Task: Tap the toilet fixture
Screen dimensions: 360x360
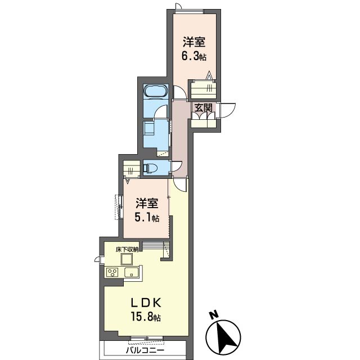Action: pyautogui.click(x=150, y=168)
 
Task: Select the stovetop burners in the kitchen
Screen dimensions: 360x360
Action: pyautogui.click(x=112, y=272)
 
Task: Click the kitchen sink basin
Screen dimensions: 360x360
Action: pyautogui.click(x=131, y=272)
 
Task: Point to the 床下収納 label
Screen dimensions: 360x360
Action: pyautogui.click(x=127, y=250)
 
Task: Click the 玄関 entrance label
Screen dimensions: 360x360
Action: pyautogui.click(x=204, y=107)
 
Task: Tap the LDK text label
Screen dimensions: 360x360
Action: pyautogui.click(x=146, y=303)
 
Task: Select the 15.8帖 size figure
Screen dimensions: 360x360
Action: pyautogui.click(x=146, y=317)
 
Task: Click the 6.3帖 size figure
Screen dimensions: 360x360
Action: pyautogui.click(x=193, y=56)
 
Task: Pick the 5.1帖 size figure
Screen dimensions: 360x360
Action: pyautogui.click(x=147, y=218)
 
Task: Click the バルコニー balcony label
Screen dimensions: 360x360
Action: pyautogui.click(x=145, y=350)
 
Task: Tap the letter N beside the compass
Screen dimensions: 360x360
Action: pyautogui.click(x=214, y=315)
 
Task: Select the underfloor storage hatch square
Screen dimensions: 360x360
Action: pyautogui.click(x=127, y=259)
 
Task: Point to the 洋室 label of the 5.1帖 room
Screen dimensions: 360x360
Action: pyautogui.click(x=147, y=203)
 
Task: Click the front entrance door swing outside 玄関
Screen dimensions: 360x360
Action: pyautogui.click(x=227, y=110)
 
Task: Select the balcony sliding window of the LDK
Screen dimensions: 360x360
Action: pyautogui.click(x=147, y=338)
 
